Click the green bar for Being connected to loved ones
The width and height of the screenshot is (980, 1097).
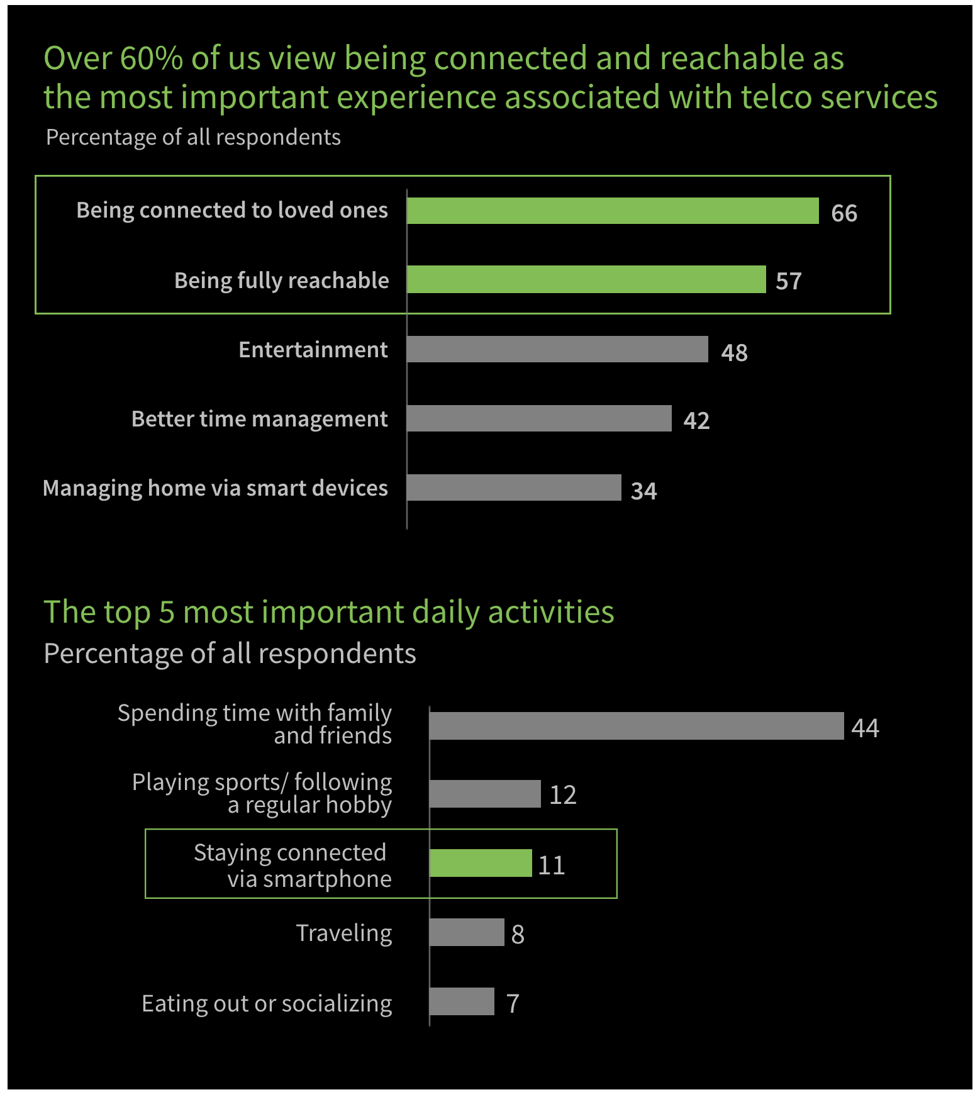click(613, 211)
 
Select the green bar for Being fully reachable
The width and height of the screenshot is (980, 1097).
click(586, 279)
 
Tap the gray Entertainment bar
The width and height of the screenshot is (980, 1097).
click(557, 349)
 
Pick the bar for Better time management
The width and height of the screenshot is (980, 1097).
click(539, 418)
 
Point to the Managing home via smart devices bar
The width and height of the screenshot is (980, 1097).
click(514, 487)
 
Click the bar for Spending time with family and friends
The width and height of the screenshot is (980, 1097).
click(637, 726)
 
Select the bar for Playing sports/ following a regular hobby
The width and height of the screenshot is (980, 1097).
click(485, 794)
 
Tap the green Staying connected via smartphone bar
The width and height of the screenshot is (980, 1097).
click(481, 863)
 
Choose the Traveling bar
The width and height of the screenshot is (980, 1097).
click(467, 932)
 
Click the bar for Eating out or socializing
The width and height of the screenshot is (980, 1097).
click(462, 1001)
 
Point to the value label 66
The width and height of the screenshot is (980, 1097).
click(844, 213)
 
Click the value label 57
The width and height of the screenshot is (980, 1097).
click(789, 281)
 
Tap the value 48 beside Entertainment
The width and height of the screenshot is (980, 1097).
click(734, 352)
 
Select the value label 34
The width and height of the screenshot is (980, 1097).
click(643, 491)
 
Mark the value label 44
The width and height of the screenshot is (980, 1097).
click(865, 728)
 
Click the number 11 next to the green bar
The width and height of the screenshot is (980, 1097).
click(552, 866)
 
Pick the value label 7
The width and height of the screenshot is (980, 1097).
click(513, 1003)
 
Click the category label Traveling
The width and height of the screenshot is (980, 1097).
click(344, 933)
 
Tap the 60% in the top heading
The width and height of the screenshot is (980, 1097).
click(151, 58)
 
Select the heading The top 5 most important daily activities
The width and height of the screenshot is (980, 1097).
click(329, 612)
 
